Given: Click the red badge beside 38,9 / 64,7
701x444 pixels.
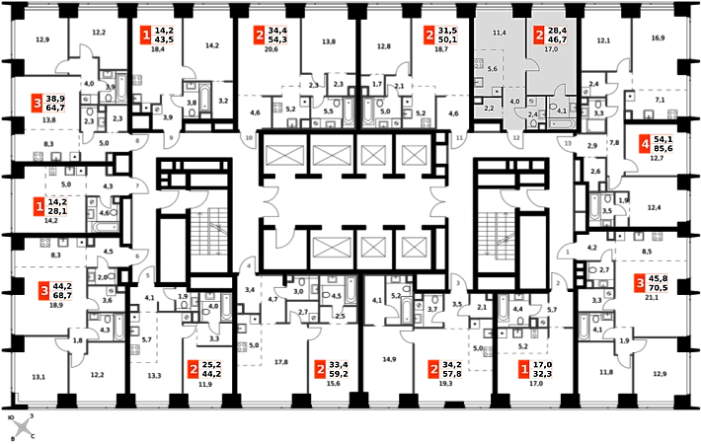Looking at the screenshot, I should click(37, 103).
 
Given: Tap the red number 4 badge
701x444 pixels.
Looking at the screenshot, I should click(644, 144).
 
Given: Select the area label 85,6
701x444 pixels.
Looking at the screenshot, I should click(662, 149).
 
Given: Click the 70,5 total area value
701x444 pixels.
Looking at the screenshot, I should click(659, 289).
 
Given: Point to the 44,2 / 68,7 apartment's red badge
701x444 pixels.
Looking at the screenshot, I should click(43, 291).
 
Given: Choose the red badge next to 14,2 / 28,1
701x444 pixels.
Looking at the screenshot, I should click(39, 207).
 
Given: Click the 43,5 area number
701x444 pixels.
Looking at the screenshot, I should click(164, 40).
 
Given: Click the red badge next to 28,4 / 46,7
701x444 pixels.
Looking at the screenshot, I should click(539, 35).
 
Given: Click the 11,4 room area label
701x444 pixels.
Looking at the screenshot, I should click(499, 34).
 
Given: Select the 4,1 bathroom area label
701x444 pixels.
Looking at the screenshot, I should click(561, 111).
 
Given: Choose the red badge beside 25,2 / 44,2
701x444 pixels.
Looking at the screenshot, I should click(192, 370).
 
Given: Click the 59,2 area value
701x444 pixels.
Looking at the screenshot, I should click(340, 375).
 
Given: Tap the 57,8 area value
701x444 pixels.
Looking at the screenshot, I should click(453, 375).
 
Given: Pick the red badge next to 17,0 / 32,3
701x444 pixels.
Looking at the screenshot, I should click(523, 370).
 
